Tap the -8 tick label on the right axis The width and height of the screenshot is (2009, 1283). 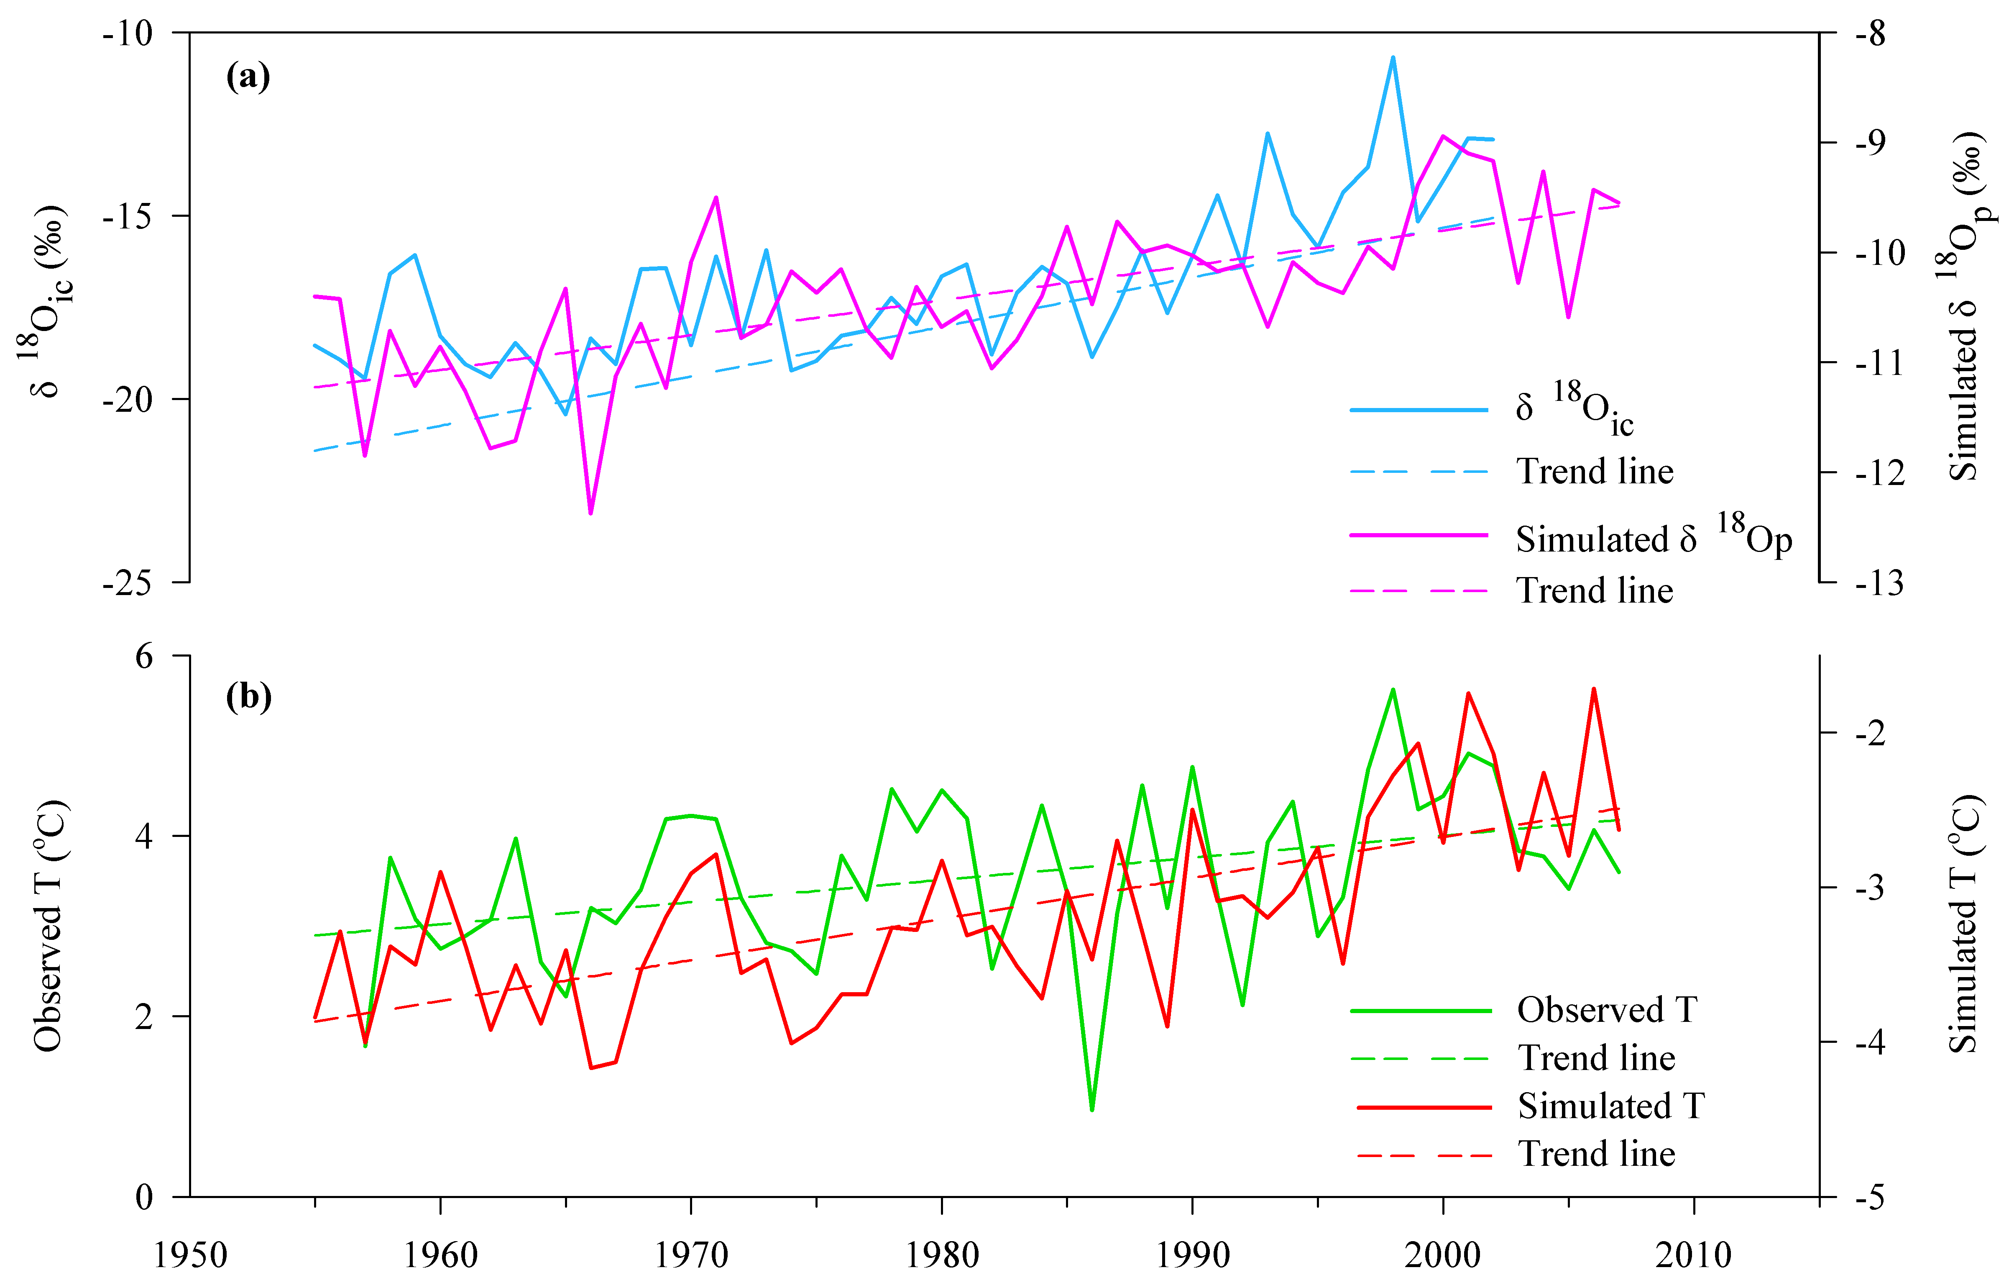click(x=1871, y=34)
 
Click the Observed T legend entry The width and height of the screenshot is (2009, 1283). click(x=1606, y=1010)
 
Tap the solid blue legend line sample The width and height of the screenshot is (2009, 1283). click(x=1419, y=410)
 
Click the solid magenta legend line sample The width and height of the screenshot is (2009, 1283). click(x=1419, y=534)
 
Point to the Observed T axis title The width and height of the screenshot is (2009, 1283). click(x=49, y=926)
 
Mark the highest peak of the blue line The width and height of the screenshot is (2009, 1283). click(x=1393, y=58)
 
